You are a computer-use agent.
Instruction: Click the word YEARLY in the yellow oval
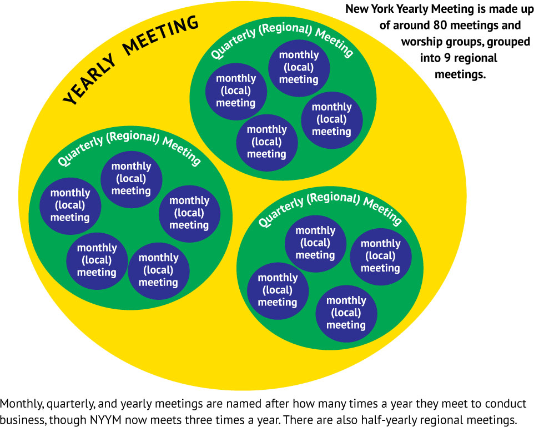[x=90, y=79]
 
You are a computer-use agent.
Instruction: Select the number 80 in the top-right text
[x=440, y=25]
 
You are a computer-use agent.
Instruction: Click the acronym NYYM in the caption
[x=105, y=419]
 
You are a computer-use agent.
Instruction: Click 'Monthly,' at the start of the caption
[x=22, y=404]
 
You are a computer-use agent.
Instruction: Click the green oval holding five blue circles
[x=130, y=218]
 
